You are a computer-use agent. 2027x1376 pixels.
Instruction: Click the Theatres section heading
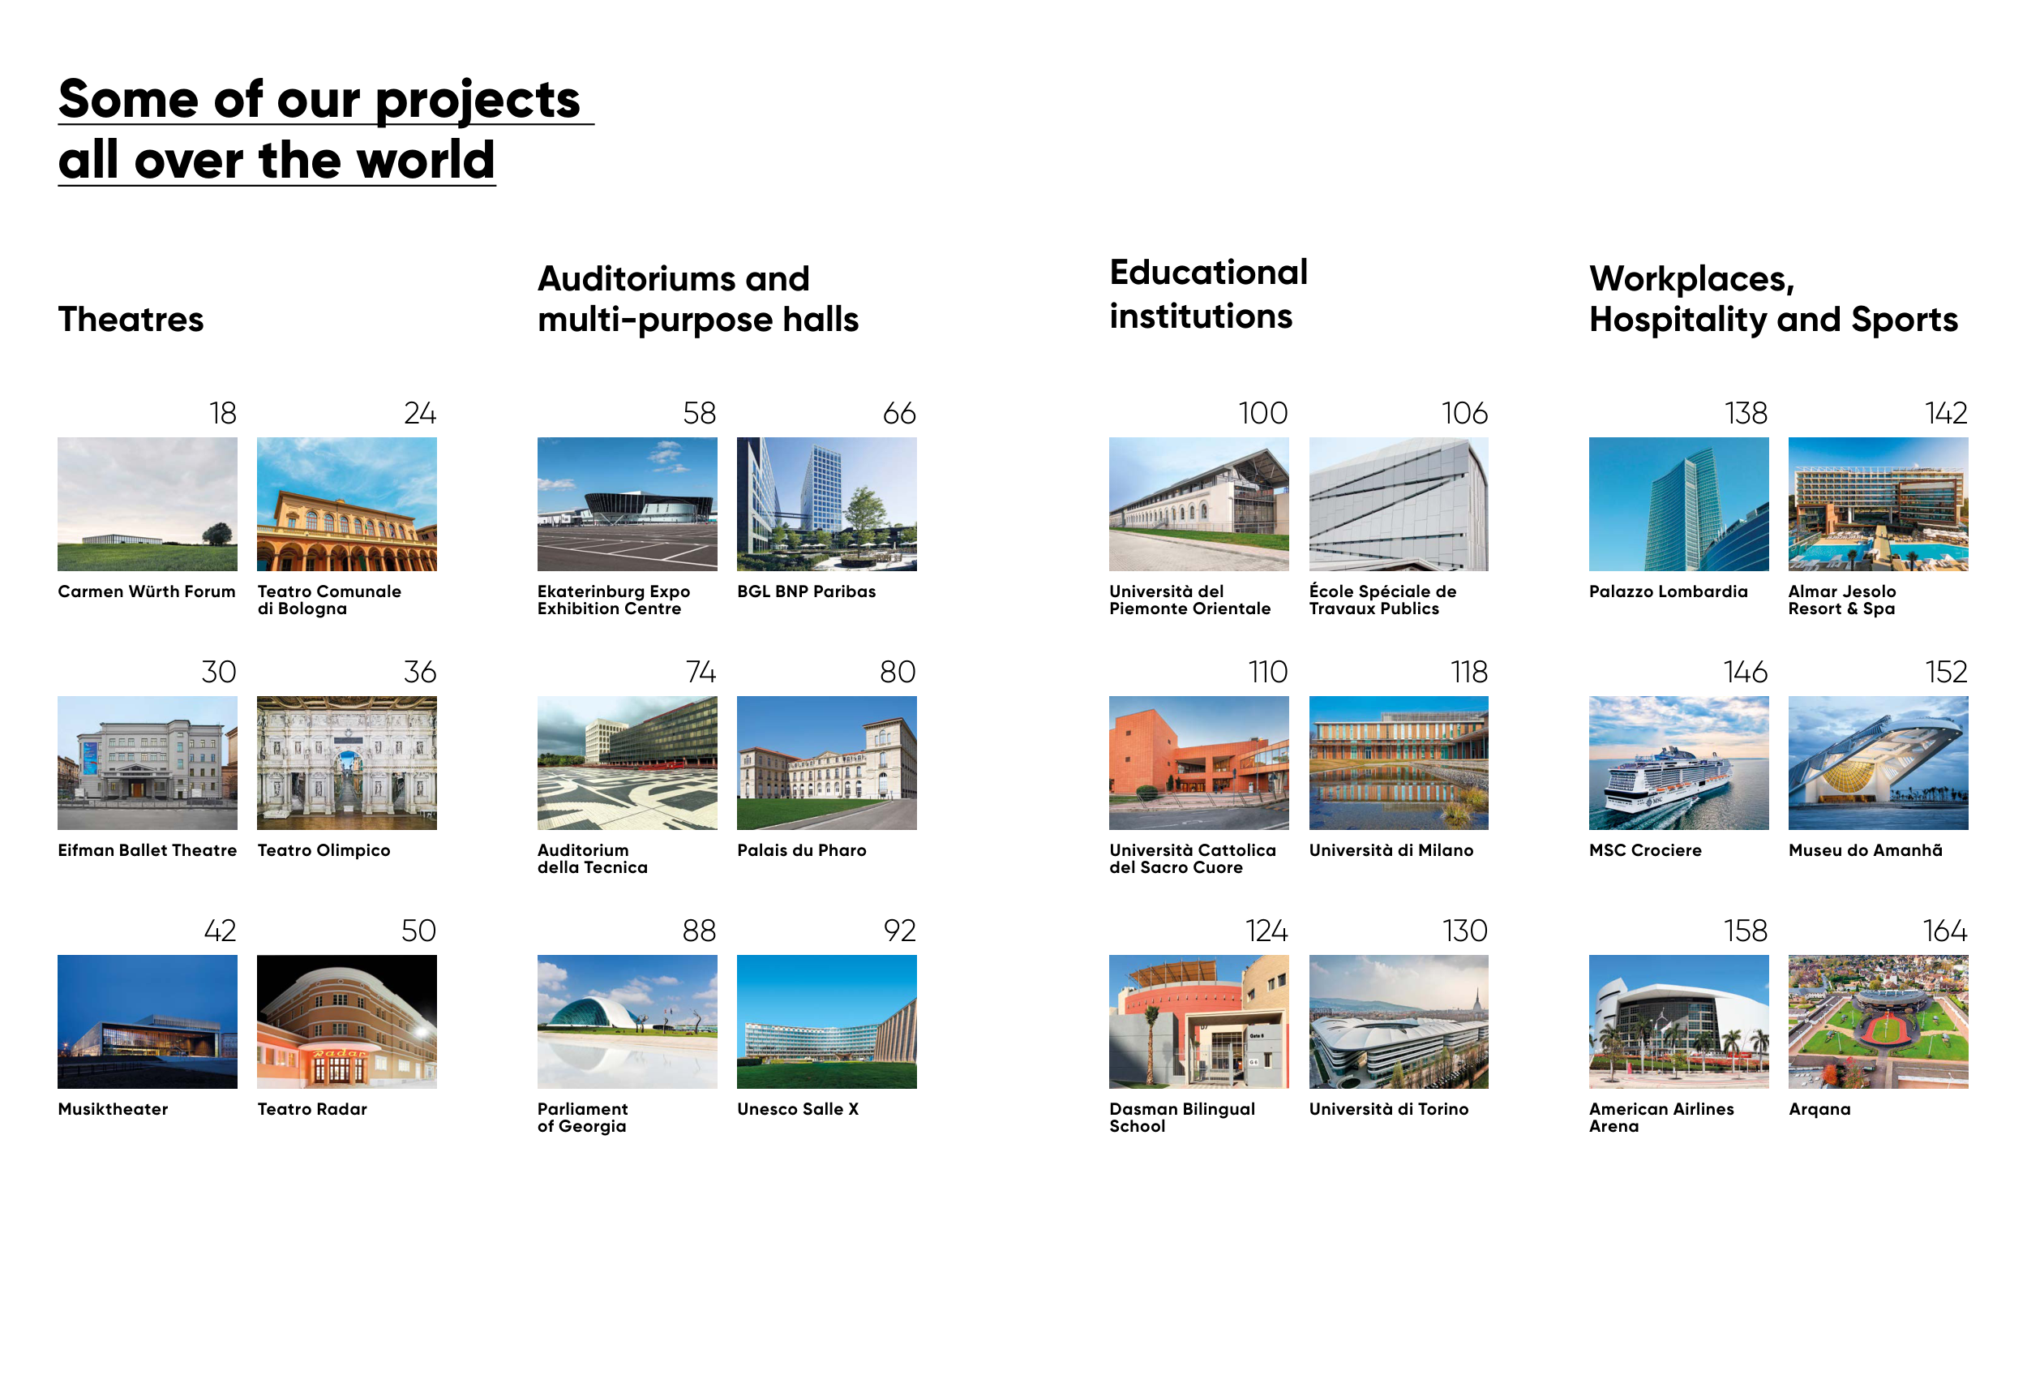(131, 320)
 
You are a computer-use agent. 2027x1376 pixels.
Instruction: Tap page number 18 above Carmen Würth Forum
(223, 413)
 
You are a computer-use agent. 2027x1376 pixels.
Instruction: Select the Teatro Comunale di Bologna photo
(347, 505)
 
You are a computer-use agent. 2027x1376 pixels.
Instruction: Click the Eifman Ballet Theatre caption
(148, 849)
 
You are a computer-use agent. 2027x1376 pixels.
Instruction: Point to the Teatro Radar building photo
(347, 1021)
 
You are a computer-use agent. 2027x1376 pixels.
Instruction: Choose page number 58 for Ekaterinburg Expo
(700, 413)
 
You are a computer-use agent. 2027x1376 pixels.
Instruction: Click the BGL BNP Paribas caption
(807, 591)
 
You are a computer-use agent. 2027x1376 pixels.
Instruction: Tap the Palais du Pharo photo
(827, 763)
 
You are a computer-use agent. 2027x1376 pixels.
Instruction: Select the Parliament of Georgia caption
(583, 1117)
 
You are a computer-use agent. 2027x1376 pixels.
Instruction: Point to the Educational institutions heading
(1208, 294)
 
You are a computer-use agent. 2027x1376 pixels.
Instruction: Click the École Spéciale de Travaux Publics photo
(1399, 505)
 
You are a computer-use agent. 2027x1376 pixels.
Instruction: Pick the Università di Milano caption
(1391, 849)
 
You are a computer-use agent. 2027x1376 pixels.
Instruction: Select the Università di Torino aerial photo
(1399, 1021)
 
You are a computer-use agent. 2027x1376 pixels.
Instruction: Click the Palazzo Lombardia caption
(1669, 591)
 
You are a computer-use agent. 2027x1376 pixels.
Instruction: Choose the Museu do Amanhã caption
(1866, 849)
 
